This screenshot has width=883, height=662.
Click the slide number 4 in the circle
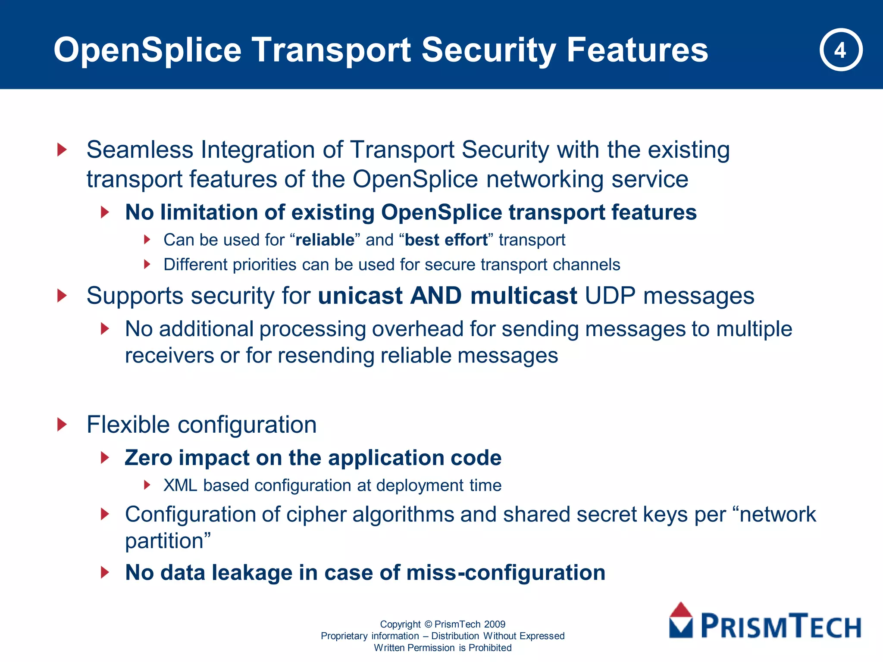(840, 50)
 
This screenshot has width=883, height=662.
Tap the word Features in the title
(637, 50)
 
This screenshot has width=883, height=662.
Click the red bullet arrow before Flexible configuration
(63, 425)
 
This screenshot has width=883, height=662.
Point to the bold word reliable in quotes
(325, 240)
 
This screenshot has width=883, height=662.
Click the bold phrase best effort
(446, 240)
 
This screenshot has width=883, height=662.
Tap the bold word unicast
(360, 296)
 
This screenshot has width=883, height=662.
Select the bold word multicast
(523, 296)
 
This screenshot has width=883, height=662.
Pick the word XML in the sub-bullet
(180, 486)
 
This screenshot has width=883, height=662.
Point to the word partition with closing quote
(168, 541)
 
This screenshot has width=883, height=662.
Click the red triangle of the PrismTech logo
(681, 610)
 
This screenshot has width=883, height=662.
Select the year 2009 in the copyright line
(495, 624)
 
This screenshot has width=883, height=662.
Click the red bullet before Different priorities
(147, 264)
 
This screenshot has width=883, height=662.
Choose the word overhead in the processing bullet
(417, 329)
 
